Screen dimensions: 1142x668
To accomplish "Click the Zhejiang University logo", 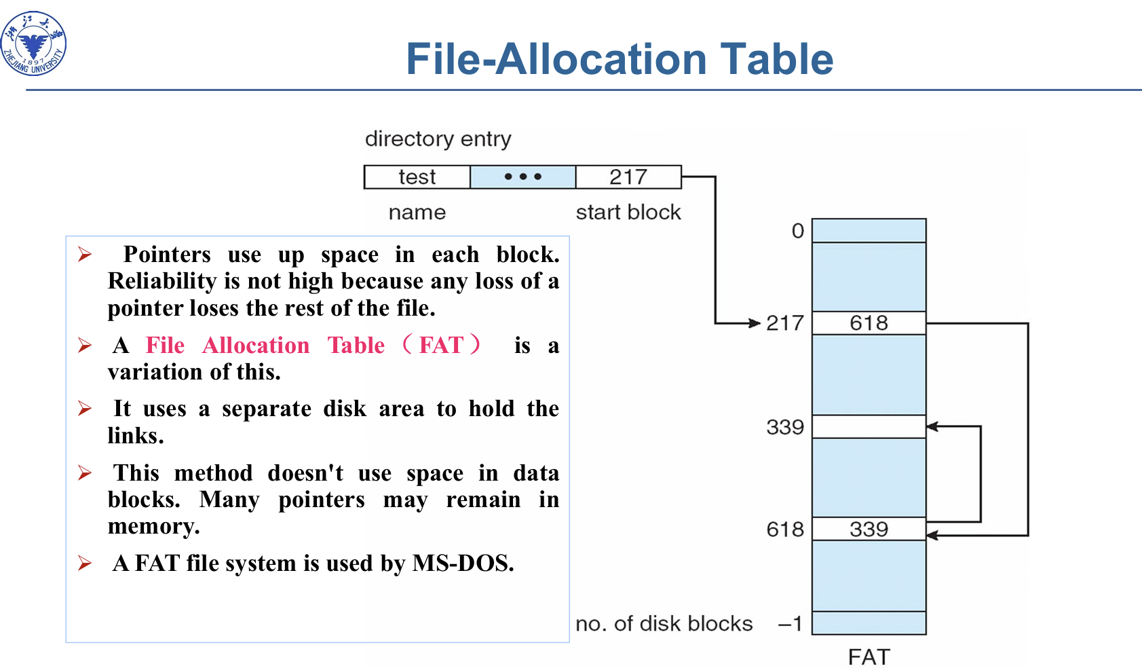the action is point(34,43).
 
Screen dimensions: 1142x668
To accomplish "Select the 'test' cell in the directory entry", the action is point(417,177).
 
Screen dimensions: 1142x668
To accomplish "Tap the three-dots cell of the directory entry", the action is point(522,177).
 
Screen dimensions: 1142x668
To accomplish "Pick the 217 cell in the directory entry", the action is point(628,177).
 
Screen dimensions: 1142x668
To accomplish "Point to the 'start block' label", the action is point(628,212).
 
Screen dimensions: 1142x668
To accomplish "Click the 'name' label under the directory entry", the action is point(417,212).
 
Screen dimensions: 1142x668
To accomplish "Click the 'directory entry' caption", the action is point(438,138).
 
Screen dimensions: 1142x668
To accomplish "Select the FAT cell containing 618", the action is point(869,322).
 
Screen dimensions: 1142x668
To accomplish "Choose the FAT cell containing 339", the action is point(869,529).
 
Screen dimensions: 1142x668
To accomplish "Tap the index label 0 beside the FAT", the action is point(798,231).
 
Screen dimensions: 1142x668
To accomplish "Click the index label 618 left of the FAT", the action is point(785,530).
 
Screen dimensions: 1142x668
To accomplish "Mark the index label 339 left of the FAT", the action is point(785,427).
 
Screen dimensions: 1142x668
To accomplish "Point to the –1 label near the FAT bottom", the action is point(791,624).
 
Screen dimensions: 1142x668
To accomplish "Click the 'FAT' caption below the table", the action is point(869,656).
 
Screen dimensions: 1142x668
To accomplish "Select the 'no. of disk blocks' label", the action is point(664,624).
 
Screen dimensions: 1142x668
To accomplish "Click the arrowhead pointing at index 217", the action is point(755,322).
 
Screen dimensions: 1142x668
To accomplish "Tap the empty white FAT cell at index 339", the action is point(869,426).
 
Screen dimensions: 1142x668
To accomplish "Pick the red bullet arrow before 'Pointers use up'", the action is point(85,254).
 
